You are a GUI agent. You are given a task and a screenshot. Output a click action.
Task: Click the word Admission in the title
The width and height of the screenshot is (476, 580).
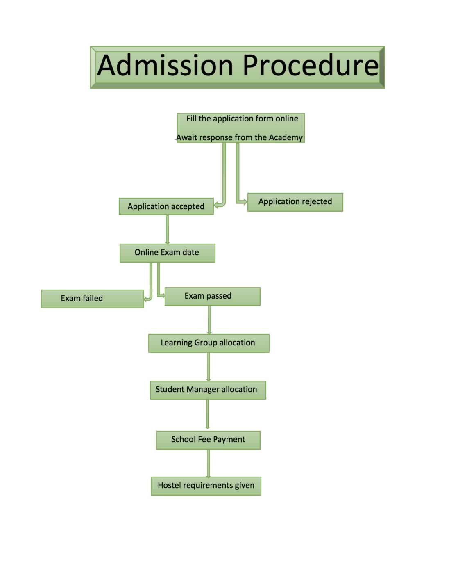coord(165,66)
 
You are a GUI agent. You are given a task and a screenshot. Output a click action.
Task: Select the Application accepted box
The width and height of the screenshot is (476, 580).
coord(166,206)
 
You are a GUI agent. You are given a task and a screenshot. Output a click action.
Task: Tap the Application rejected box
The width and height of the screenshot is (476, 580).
coord(295,202)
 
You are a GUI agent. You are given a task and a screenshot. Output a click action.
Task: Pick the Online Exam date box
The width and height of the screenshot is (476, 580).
coord(167,253)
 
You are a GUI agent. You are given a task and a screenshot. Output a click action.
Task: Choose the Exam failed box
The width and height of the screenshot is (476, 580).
coord(92,299)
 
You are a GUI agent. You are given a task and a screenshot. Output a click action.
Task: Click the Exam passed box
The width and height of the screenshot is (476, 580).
coord(212,296)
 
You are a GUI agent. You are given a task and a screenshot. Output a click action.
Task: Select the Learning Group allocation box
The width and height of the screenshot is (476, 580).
coord(209,343)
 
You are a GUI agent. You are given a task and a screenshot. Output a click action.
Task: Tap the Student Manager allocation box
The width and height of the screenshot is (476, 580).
coord(208,390)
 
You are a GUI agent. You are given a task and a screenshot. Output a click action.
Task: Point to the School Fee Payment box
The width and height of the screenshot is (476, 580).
coord(208,440)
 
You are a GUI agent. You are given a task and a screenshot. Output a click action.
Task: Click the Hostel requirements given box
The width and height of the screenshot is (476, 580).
coord(206,486)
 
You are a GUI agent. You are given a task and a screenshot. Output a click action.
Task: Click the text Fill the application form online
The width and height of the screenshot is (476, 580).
coord(242,119)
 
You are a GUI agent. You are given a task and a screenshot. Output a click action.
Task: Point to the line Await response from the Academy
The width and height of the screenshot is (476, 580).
coord(239,137)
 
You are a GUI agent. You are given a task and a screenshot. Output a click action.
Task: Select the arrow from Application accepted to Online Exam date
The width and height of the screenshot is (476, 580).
coord(167,229)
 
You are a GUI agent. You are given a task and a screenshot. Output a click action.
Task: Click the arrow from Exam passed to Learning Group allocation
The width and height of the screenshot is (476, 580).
coord(209,320)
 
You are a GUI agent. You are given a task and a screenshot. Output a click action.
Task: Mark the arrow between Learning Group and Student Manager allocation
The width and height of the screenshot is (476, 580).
coord(208,367)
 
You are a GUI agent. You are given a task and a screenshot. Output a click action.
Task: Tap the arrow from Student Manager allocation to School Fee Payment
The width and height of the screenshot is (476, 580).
coord(207,414)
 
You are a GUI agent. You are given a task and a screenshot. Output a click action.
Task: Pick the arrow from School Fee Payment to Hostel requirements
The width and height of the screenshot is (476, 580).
coord(208,463)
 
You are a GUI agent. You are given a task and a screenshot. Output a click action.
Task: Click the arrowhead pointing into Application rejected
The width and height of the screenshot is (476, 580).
coord(245,202)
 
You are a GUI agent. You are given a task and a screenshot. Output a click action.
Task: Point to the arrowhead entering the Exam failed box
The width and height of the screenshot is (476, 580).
coord(146,299)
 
